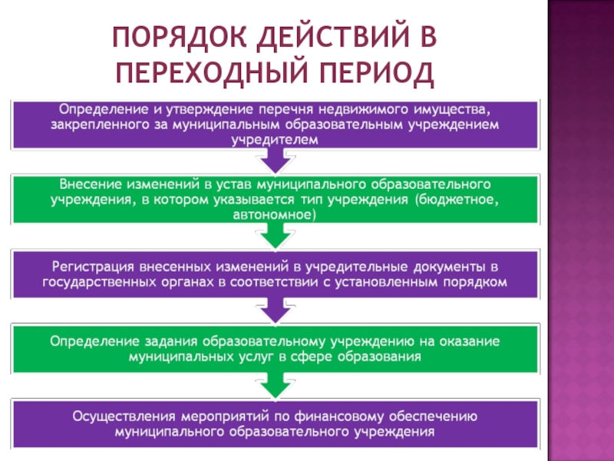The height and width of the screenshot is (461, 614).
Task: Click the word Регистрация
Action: click(x=92, y=267)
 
